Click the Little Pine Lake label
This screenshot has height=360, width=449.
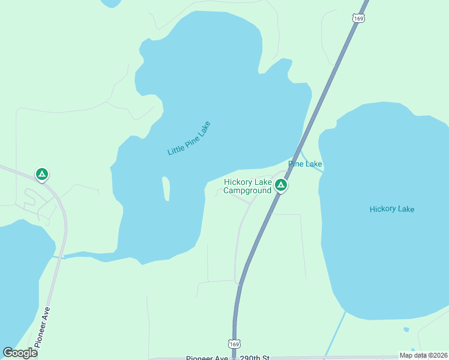click(189, 139)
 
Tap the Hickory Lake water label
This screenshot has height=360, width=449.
click(392, 209)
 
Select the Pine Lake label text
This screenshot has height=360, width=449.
click(305, 164)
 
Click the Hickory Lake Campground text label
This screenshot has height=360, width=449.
click(248, 187)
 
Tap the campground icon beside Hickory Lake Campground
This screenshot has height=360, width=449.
click(280, 185)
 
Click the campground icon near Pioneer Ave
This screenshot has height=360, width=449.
click(41, 175)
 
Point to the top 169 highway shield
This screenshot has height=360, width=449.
click(359, 19)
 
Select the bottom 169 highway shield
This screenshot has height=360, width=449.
click(234, 344)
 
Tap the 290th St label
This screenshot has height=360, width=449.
click(255, 358)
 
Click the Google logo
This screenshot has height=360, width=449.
click(20, 353)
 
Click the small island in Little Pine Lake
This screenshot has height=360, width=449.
click(166, 188)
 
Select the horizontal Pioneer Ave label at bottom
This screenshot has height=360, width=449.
click(206, 358)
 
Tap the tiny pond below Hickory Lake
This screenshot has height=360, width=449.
click(406, 329)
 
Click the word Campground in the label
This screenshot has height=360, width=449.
click(248, 191)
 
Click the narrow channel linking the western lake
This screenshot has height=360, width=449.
click(59, 257)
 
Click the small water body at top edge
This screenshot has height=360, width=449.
click(111, 3)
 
